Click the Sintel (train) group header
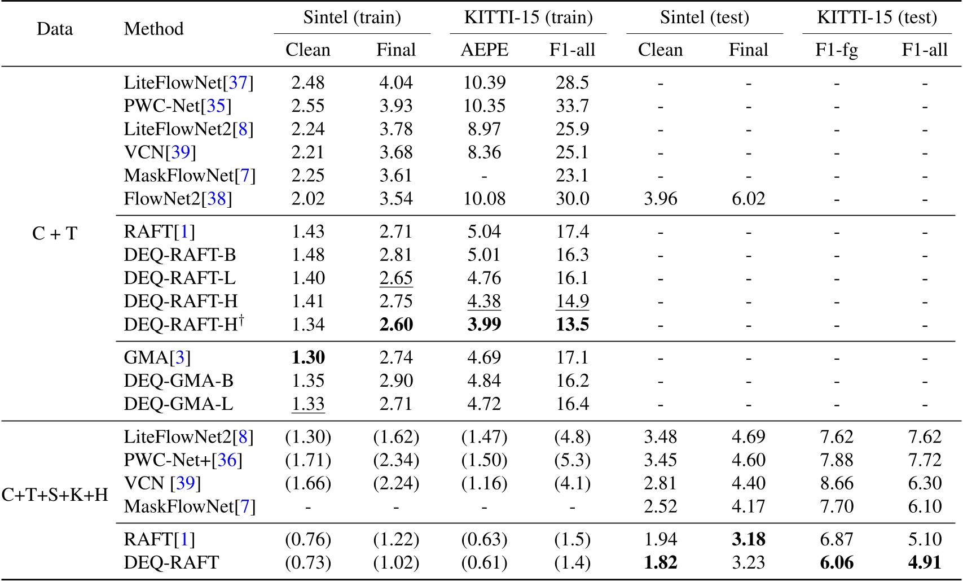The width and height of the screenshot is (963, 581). [x=352, y=18]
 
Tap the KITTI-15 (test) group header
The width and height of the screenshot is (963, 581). [x=877, y=18]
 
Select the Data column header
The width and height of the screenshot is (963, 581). [x=55, y=29]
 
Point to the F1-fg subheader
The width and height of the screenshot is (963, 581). [x=837, y=50]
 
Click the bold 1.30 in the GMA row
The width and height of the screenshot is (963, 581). [x=308, y=357]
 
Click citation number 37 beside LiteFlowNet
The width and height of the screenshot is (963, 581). [x=238, y=83]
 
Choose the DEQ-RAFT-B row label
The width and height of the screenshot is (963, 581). [x=179, y=255]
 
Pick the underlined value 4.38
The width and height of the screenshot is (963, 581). [x=484, y=302]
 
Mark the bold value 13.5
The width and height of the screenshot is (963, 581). [x=572, y=325]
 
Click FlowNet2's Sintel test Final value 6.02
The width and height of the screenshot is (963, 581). [x=748, y=199]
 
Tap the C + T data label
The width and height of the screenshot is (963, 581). [x=55, y=233]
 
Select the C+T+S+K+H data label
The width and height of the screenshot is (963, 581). [x=55, y=495]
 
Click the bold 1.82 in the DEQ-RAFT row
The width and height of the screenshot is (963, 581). [x=660, y=563]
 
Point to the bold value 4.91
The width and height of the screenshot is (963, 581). [x=925, y=563]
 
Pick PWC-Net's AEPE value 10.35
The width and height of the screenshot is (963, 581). [x=484, y=106]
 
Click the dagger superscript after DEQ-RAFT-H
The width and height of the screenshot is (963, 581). [x=241, y=320]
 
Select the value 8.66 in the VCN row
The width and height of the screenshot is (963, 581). [x=837, y=483]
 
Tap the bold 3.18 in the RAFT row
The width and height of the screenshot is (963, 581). [x=748, y=540]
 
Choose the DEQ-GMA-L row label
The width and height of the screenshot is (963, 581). [x=178, y=404]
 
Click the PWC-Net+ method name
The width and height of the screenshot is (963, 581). [x=167, y=460]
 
